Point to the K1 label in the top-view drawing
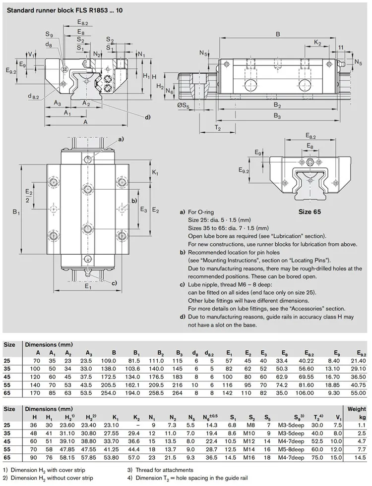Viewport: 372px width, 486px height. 155,172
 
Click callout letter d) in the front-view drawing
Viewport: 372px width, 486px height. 148,117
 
